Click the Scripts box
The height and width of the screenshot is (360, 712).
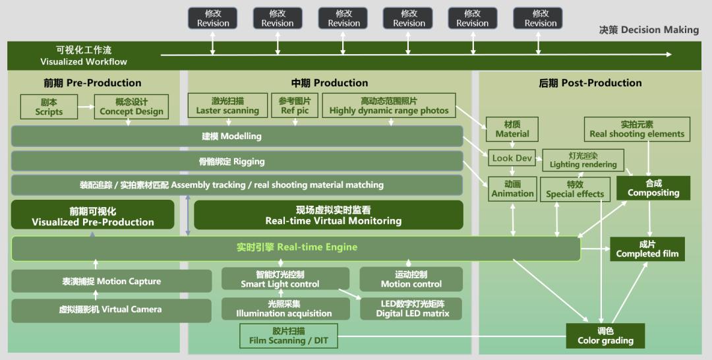(x=49, y=107)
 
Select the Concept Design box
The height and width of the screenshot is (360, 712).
(x=131, y=107)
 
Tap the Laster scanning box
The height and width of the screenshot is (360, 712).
(x=227, y=106)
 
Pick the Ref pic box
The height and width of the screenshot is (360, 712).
(x=295, y=106)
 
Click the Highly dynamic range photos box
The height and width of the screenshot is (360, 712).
(x=388, y=106)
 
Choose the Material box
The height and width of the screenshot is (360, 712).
(x=512, y=129)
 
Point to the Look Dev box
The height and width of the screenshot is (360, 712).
(x=512, y=158)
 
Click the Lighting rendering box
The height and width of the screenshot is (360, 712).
(x=583, y=160)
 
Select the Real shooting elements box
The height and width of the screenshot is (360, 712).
(x=637, y=129)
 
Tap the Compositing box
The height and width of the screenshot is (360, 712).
(x=653, y=188)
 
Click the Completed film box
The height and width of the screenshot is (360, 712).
(x=647, y=249)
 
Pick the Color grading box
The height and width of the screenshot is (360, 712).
(x=605, y=336)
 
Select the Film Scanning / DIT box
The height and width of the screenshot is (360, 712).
(x=288, y=336)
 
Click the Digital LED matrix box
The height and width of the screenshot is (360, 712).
(x=411, y=309)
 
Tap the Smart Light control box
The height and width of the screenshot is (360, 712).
(x=280, y=279)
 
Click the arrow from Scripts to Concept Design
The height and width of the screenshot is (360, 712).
(x=86, y=107)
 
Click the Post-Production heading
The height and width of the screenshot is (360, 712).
(x=589, y=83)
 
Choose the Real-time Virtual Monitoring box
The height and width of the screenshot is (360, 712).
(x=328, y=216)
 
